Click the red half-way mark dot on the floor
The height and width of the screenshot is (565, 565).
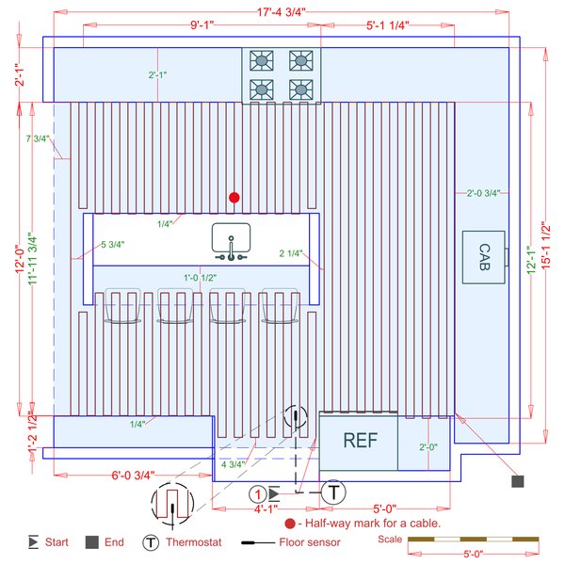pyautogui.click(x=234, y=198)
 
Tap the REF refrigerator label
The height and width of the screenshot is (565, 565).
pyautogui.click(x=360, y=441)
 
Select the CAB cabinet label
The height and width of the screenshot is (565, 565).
pyautogui.click(x=483, y=255)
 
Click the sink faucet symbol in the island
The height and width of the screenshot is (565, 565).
pyautogui.click(x=229, y=243)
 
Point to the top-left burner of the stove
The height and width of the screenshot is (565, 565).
pyautogui.click(x=260, y=60)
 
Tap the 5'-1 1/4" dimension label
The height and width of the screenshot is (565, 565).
pyautogui.click(x=387, y=26)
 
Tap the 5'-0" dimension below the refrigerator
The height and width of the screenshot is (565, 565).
pyautogui.click(x=385, y=509)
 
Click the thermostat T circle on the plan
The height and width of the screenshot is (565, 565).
pyautogui.click(x=333, y=492)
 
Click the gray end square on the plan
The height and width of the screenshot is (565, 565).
pyautogui.click(x=517, y=481)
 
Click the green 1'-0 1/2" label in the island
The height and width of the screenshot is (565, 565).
pyautogui.click(x=200, y=277)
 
